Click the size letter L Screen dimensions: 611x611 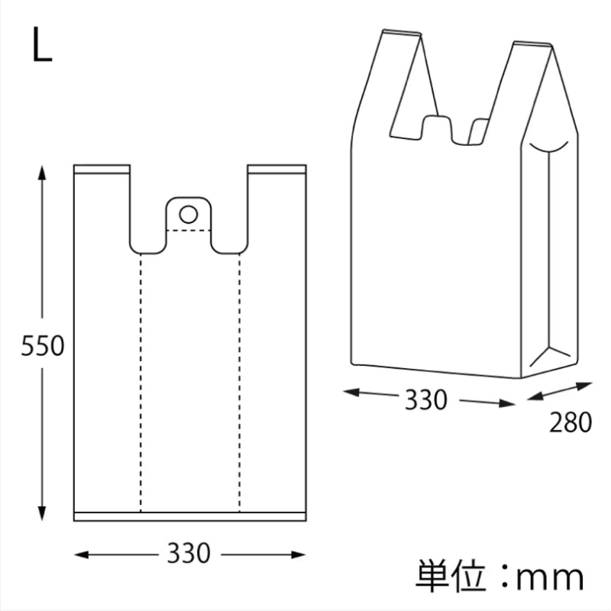coord(42,44)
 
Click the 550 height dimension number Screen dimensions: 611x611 coord(43,346)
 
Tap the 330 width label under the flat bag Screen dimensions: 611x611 coord(189,553)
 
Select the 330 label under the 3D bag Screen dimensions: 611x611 coord(426,399)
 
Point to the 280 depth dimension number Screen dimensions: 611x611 coord(571,422)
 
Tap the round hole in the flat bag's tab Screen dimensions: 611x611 coord(188,215)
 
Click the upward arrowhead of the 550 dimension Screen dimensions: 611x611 coord(42,173)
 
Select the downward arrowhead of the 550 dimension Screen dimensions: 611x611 coord(42,513)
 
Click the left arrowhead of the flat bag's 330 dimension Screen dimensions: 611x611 coord(82,554)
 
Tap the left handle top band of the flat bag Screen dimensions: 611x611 coord(102,169)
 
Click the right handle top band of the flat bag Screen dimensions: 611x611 coord(276,169)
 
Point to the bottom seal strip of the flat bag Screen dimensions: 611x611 coord(190,516)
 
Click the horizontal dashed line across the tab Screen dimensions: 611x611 coord(189,231)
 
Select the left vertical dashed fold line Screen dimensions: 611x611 coord(141,383)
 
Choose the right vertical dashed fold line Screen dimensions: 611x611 coord(240,383)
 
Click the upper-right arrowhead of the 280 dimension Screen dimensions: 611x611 coord(585,386)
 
